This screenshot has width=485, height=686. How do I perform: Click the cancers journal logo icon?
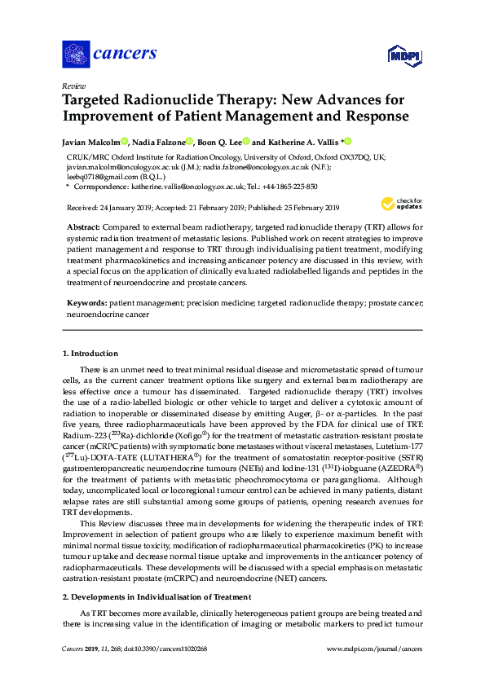[x=75, y=54]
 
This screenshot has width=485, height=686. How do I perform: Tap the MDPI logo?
[x=404, y=55]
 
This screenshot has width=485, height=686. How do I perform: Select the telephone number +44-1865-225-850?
[x=267, y=187]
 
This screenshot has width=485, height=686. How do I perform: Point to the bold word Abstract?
[x=84, y=224]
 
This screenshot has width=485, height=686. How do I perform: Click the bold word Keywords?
[x=86, y=302]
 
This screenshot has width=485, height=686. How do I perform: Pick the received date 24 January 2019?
[x=120, y=207]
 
